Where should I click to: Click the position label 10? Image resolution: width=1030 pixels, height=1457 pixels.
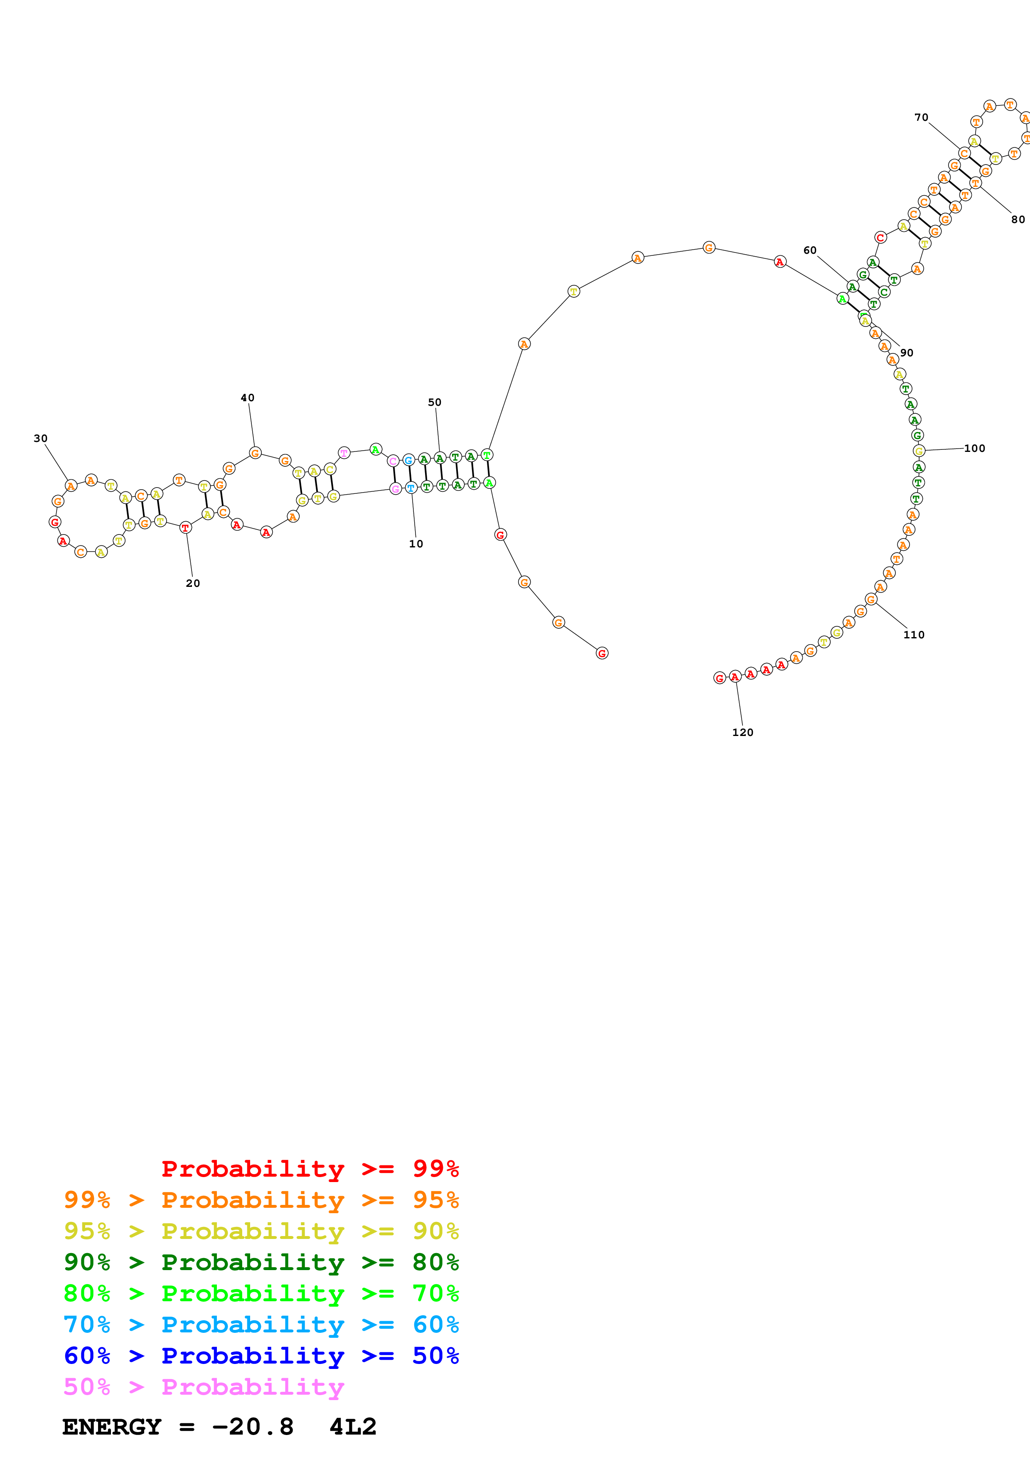[x=415, y=544]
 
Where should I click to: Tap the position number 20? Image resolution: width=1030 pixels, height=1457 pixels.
[x=193, y=583]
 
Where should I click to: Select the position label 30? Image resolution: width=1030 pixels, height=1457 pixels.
[x=41, y=439]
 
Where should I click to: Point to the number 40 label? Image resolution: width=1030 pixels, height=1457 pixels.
[x=248, y=398]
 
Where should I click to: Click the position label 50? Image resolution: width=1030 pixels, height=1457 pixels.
[x=435, y=402]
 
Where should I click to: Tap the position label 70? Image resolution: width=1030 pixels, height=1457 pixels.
[x=922, y=118]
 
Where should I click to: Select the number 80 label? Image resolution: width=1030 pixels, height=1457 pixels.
[x=1018, y=220]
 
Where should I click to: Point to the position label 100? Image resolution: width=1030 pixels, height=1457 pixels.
[x=975, y=449]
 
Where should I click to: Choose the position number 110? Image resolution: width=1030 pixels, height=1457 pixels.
[x=914, y=635]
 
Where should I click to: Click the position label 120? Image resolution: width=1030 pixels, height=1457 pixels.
[x=742, y=732]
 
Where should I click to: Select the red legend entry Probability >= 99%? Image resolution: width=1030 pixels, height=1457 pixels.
[x=310, y=1168]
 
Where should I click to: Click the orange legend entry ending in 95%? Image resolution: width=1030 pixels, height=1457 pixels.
[x=261, y=1199]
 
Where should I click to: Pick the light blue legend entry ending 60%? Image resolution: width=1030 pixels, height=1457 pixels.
[x=261, y=1325]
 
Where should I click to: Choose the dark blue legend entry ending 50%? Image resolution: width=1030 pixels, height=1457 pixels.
[x=261, y=1356]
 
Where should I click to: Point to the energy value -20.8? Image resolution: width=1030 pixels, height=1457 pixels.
[x=253, y=1427]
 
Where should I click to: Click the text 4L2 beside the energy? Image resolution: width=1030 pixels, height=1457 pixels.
[x=353, y=1427]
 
